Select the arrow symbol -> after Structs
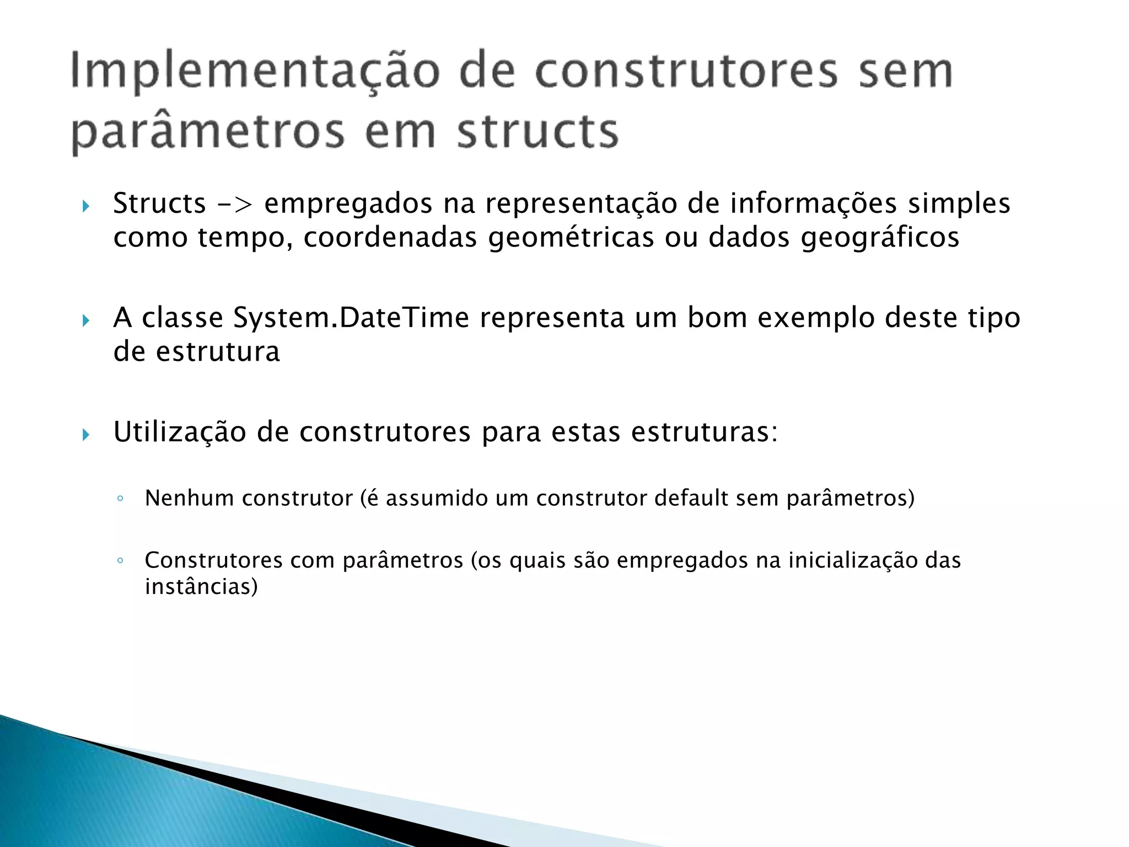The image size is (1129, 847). click(x=235, y=204)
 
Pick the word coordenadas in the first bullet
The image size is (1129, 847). click(x=390, y=238)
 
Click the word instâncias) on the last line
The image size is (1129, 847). click(x=201, y=587)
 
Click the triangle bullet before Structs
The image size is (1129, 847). click(x=85, y=207)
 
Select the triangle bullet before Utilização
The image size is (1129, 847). click(x=85, y=435)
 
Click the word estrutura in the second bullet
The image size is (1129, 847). click(x=218, y=352)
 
